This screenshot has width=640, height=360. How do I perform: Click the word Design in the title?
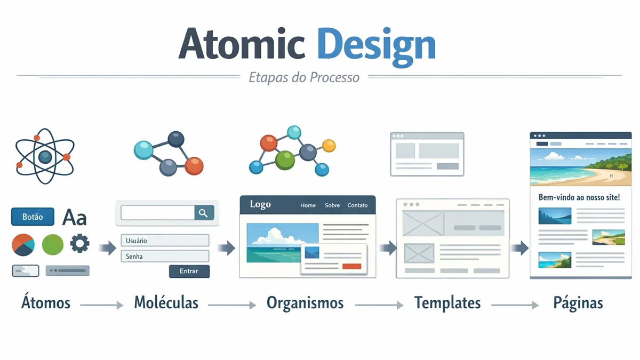(376, 44)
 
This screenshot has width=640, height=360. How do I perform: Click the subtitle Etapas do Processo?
(304, 77)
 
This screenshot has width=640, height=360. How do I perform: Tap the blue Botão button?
(33, 217)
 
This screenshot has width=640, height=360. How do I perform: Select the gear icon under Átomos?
(80, 244)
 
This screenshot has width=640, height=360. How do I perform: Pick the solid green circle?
(53, 244)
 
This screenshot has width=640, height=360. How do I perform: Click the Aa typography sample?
(74, 217)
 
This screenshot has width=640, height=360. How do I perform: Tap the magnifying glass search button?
(203, 213)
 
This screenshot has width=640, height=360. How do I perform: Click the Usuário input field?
(165, 241)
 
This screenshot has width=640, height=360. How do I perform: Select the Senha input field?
(165, 257)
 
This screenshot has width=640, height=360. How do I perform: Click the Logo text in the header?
(260, 205)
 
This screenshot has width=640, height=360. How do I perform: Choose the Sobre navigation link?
(332, 205)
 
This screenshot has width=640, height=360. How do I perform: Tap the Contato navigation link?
(357, 205)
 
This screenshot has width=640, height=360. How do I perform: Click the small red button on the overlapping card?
(351, 266)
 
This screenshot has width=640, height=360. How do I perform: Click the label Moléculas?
(166, 303)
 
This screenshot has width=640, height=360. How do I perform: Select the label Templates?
(447, 303)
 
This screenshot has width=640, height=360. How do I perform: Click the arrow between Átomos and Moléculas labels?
(101, 305)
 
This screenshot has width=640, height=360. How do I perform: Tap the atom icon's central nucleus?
(45, 156)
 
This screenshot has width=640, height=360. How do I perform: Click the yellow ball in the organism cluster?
(329, 145)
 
